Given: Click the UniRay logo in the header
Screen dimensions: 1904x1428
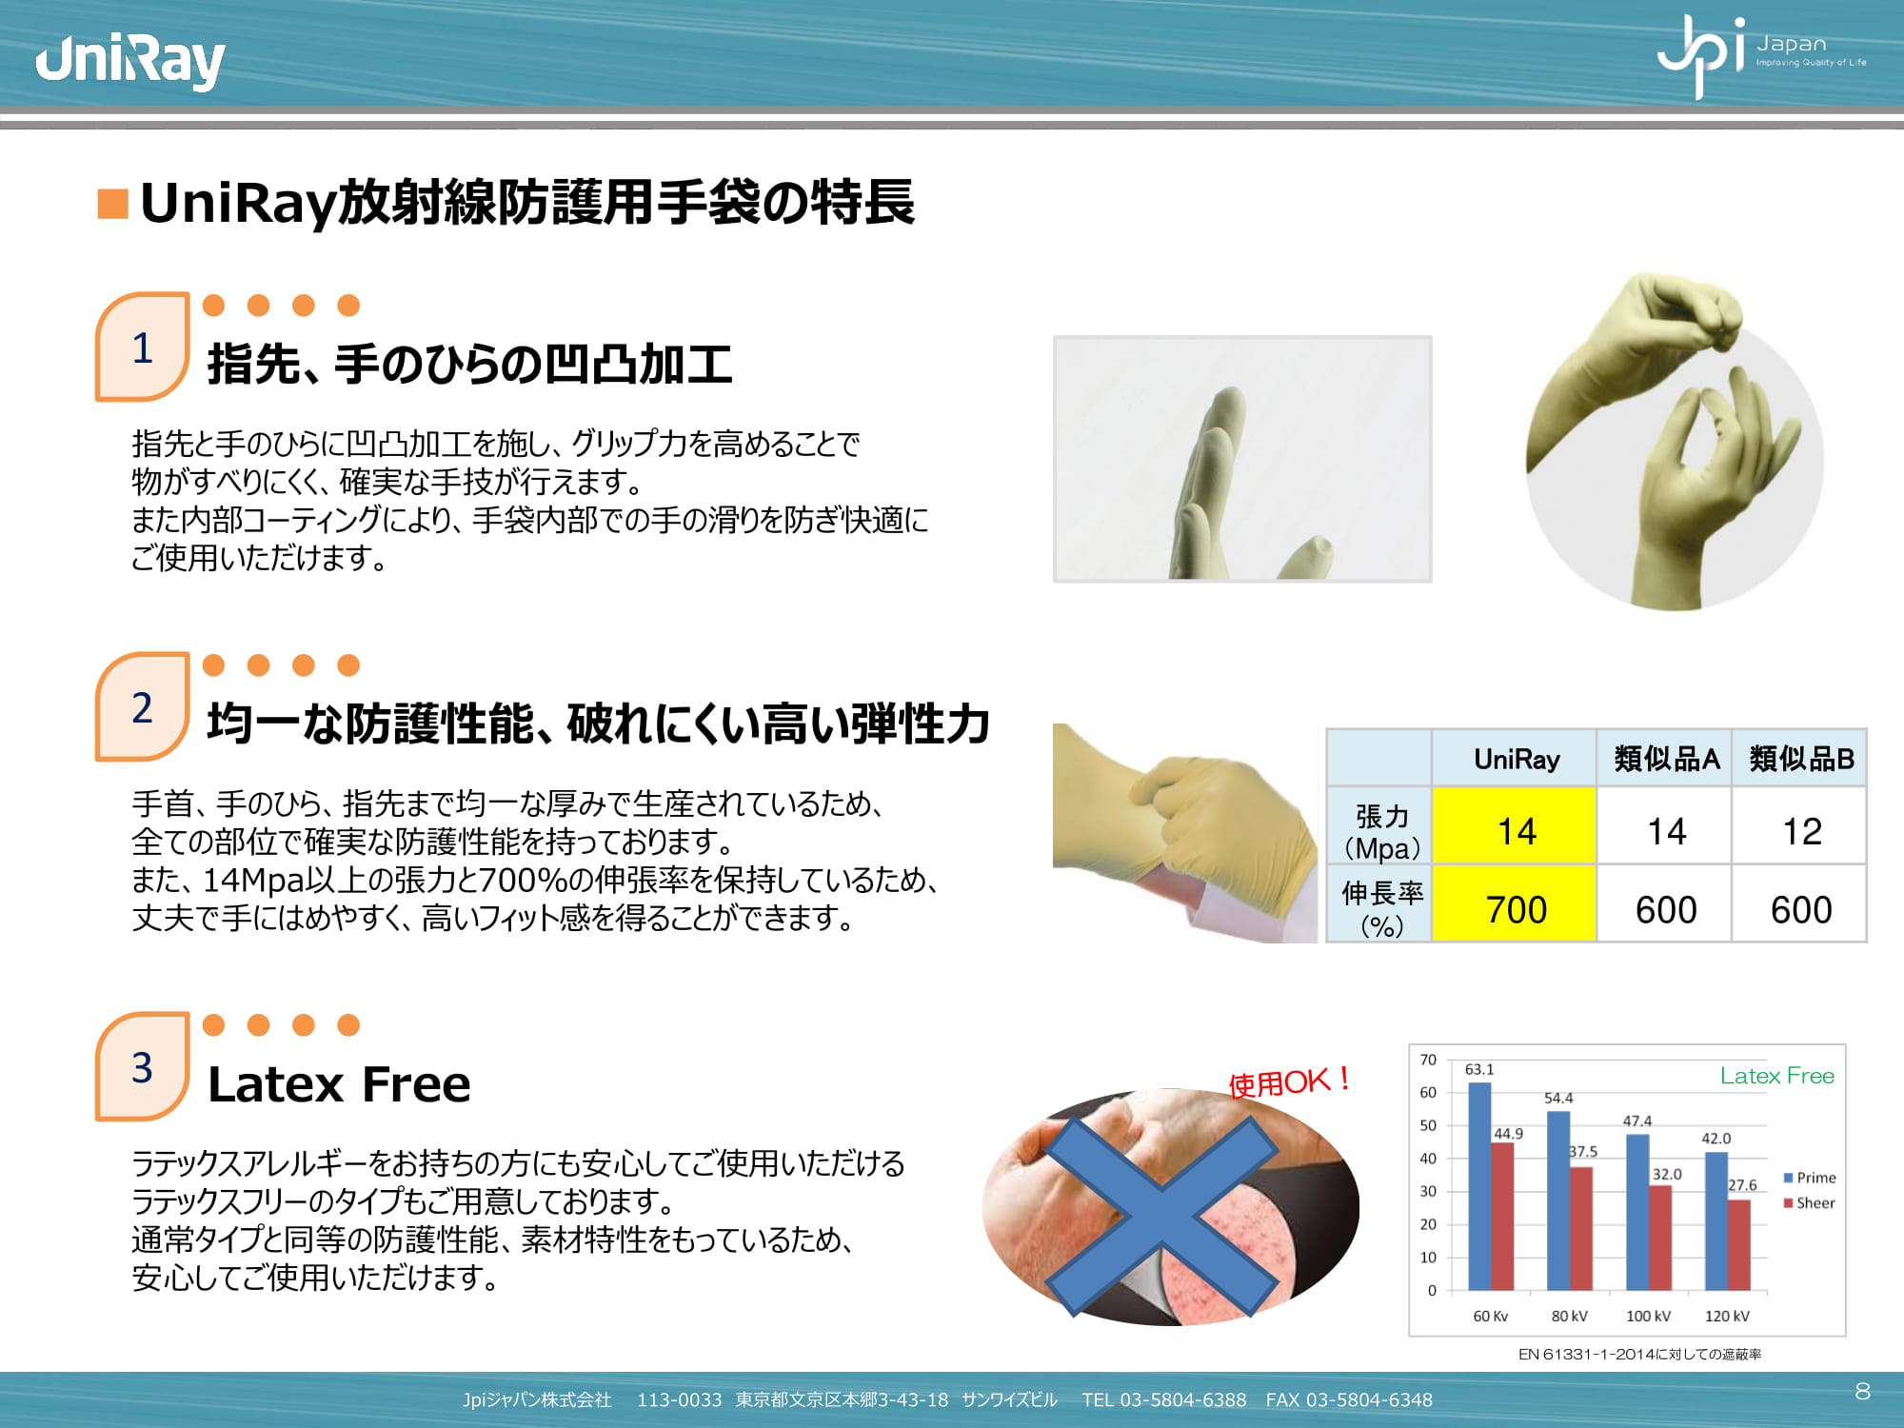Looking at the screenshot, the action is pos(129,62).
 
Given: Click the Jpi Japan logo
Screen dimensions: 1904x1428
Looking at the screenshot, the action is pos(1761,55).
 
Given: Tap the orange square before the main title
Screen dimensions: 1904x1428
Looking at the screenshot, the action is pos(113,203).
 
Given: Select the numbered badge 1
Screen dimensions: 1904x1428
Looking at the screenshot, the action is pos(142,347).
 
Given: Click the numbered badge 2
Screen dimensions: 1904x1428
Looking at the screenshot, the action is pos(142,707).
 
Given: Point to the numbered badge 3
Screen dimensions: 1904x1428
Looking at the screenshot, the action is pos(142,1067).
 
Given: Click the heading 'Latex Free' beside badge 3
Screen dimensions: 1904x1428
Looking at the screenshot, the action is pos(339,1084).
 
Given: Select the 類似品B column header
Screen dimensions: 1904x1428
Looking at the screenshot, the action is pos(1800,759).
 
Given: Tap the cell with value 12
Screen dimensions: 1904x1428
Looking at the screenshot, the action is pos(1800,831).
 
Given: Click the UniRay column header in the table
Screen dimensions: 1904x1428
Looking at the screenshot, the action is pos(1516,759).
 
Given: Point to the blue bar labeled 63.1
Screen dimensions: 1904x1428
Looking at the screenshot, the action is pos(1479,1186).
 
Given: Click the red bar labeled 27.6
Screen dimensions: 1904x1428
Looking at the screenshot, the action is pos(1738,1245).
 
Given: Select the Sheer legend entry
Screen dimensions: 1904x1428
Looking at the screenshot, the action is pos(1809,1203).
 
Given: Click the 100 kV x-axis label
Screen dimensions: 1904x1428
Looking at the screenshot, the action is pos(1648,1316).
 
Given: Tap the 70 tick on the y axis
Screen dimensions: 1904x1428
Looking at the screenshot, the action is pos(1428,1060).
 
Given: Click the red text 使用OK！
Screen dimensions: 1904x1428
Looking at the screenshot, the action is pos(1290,1081).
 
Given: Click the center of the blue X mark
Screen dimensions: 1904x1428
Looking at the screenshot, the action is pos(1162,1218).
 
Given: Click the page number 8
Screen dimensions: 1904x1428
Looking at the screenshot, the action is pos(1863,1391).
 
